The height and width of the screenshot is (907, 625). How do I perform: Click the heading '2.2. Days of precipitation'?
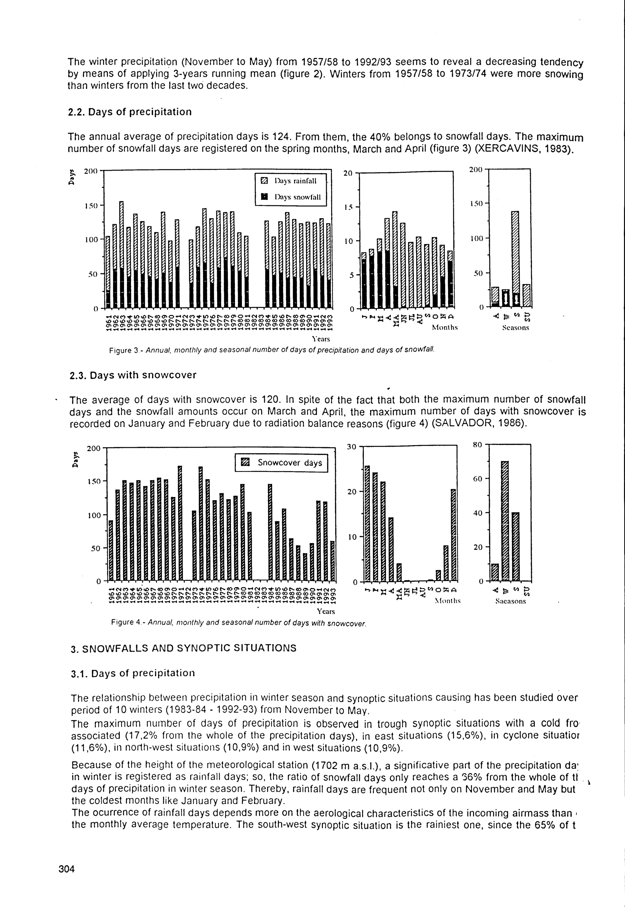coord(130,112)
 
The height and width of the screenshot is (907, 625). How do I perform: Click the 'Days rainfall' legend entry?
coord(290,181)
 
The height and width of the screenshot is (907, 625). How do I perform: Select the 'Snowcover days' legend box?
coord(281,463)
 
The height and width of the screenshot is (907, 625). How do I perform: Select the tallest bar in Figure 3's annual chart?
coord(121,255)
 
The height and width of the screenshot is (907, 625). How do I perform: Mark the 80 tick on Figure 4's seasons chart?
coord(477,444)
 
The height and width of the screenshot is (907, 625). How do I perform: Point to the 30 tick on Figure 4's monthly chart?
coord(352,447)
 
